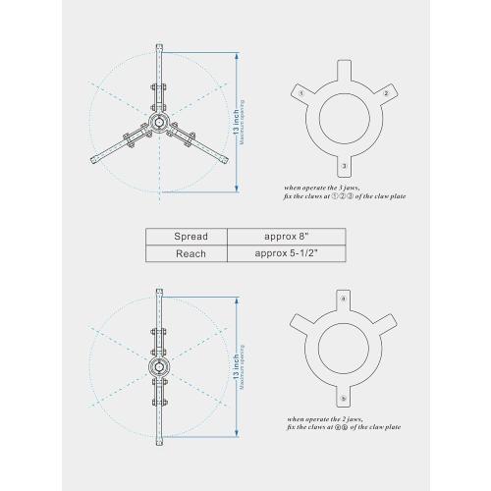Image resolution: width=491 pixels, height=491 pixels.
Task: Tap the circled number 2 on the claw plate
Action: [386, 92]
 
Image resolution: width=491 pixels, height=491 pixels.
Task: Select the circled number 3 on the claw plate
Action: [344, 166]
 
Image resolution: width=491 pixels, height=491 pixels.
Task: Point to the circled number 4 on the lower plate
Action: [343, 297]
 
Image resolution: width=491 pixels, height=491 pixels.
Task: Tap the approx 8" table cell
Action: [286, 237]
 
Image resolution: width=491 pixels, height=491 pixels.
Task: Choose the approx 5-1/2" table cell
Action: [286, 254]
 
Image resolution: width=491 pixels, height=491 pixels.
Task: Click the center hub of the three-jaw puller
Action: [158, 119]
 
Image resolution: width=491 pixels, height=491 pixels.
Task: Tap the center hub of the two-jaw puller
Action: [158, 367]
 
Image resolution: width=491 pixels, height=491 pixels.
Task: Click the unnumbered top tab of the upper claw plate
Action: [344, 69]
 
